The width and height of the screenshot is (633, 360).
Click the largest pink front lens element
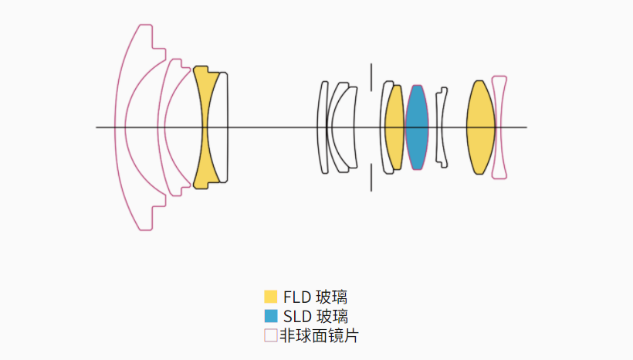tap(120, 127)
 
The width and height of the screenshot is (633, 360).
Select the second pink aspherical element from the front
tap(161, 127)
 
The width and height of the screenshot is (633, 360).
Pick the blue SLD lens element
tap(417, 127)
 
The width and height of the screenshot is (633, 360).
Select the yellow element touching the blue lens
tap(394, 127)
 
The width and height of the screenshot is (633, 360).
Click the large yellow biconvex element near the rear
tap(480, 127)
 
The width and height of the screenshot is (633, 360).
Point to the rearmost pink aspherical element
tap(499, 127)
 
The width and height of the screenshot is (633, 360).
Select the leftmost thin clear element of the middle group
tap(322, 127)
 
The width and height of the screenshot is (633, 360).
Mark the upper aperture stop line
tap(371, 77)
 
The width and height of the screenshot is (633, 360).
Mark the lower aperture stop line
tap(371, 178)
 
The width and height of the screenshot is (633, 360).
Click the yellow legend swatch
tap(271, 297)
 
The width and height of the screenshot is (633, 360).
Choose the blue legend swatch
tap(271, 316)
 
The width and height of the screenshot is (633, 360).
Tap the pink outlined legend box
tap(271, 335)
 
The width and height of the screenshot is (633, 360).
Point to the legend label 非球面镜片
tap(319, 336)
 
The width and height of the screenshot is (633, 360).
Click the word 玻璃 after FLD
tap(331, 297)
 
